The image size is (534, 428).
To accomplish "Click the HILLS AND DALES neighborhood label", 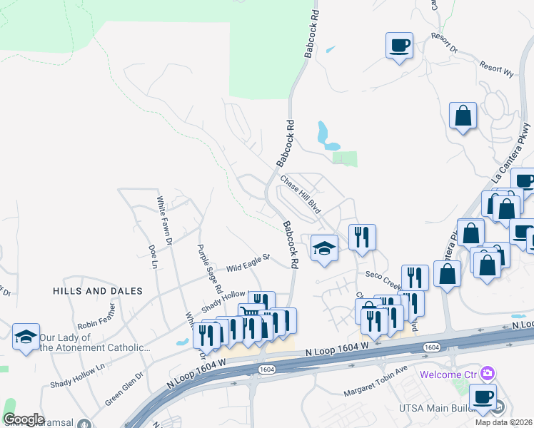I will click(x=97, y=291).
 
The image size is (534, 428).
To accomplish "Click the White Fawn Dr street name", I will click(x=164, y=221).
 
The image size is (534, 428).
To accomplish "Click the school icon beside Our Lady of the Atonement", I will click(x=26, y=337).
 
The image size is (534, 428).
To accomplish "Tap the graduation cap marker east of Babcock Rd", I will click(x=324, y=249).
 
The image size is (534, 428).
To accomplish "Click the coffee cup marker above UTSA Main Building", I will click(x=483, y=397).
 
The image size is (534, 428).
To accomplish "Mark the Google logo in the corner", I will click(x=24, y=419).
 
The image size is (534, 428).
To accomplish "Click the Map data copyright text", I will click(x=504, y=422).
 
